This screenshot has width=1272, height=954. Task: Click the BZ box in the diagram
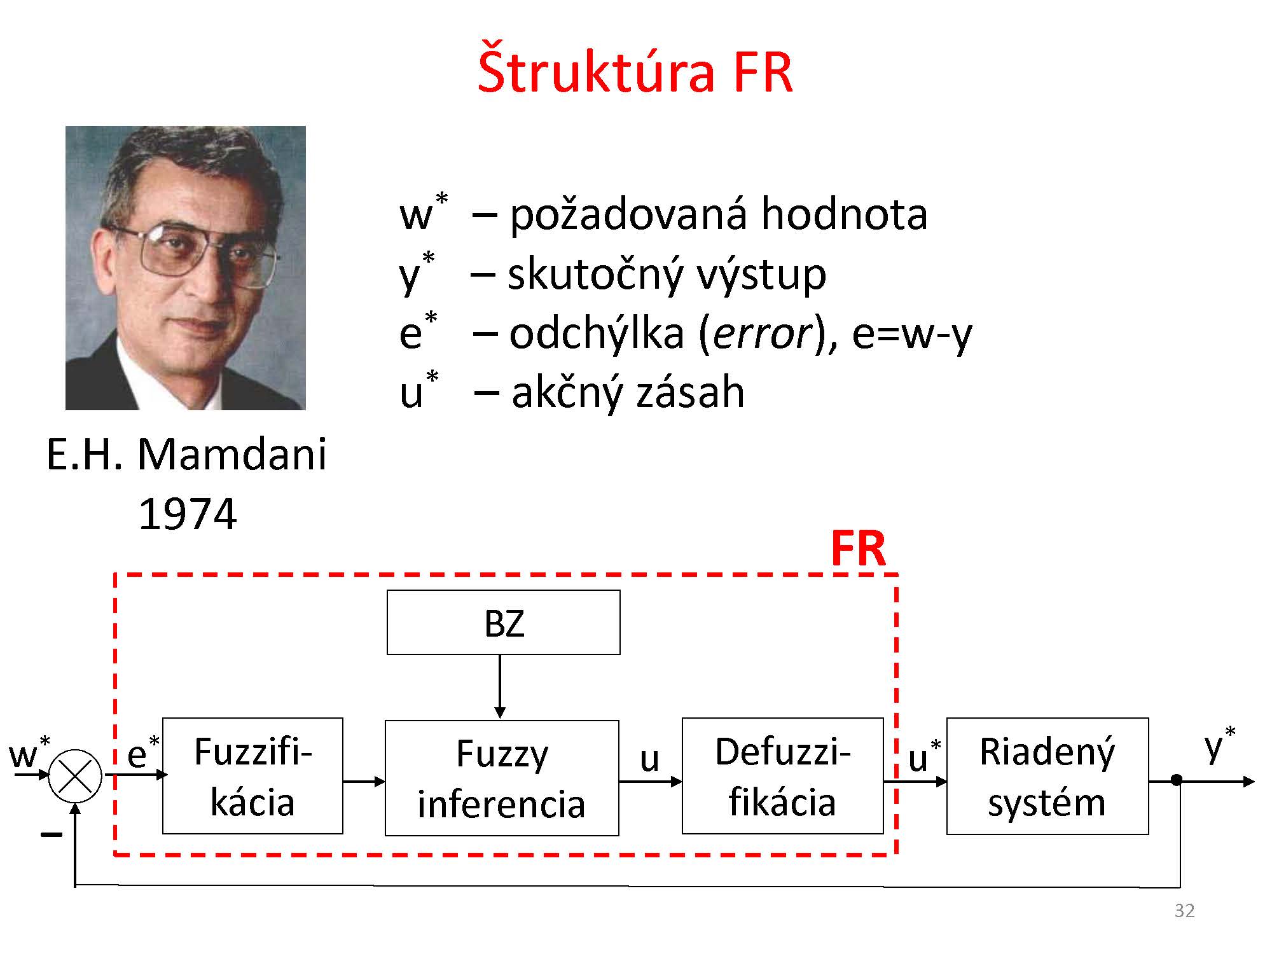click(x=503, y=623)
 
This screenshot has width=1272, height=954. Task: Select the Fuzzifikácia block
click(x=252, y=776)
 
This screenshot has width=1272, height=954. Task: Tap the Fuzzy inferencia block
click(x=502, y=778)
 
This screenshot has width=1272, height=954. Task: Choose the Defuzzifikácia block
click(x=782, y=776)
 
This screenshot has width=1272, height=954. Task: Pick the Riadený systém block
click(x=1047, y=776)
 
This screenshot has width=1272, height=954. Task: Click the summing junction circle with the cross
click(x=75, y=776)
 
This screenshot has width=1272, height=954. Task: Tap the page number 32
click(x=1184, y=911)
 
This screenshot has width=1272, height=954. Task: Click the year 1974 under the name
click(x=187, y=514)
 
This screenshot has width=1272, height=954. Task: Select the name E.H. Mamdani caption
click(x=186, y=454)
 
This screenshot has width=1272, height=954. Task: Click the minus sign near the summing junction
click(x=51, y=834)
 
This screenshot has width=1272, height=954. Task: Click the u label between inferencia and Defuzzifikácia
click(x=649, y=758)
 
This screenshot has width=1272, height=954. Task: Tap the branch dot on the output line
click(x=1177, y=780)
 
